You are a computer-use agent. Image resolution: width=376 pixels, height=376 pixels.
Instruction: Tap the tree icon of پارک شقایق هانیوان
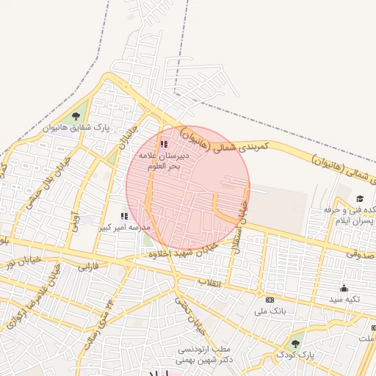(x=76, y=115)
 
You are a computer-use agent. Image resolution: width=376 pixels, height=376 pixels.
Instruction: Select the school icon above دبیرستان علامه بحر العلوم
(x=164, y=144)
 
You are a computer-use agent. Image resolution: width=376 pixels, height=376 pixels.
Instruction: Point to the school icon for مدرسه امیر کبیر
(x=124, y=216)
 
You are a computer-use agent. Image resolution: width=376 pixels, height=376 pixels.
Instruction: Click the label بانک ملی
(x=269, y=311)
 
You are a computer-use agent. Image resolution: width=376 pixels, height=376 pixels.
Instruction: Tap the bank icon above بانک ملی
(x=270, y=300)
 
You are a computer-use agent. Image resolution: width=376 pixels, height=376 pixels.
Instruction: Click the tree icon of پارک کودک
(x=296, y=343)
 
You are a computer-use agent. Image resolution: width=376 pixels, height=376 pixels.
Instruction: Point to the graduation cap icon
(x=360, y=198)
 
